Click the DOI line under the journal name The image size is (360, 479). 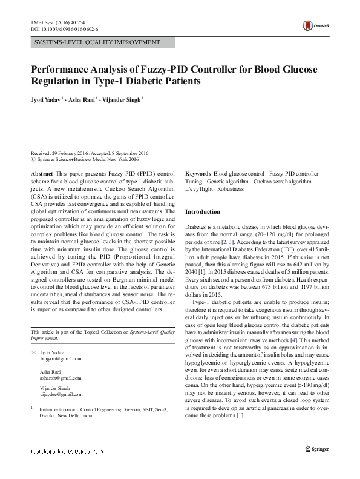tap(64, 28)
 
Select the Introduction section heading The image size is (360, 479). tap(203, 212)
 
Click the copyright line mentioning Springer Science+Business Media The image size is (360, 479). tap(88, 160)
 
